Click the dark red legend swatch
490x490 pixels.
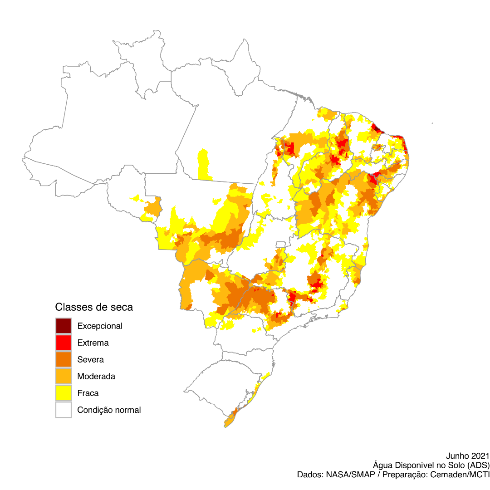click(x=64, y=325)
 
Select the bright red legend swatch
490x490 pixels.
click(x=64, y=342)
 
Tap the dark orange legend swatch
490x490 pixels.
click(x=64, y=359)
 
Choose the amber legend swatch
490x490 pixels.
click(x=64, y=376)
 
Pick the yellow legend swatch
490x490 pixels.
click(x=64, y=392)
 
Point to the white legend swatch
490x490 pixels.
click(x=64, y=409)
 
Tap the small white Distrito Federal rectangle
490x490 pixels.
click(x=281, y=245)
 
